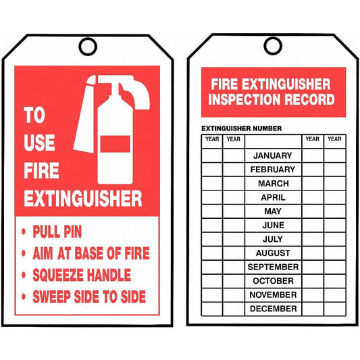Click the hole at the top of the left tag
[x=88, y=46]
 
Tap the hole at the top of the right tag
[x=272, y=46]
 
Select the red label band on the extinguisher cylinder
[x=115, y=144]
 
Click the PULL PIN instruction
[x=57, y=232]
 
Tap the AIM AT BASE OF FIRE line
[x=91, y=253]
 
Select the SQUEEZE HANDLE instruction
[x=82, y=275]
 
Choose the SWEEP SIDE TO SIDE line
[x=89, y=297]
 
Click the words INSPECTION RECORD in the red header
[x=272, y=99]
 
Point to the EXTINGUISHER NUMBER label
[x=241, y=128]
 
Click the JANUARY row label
[x=273, y=155]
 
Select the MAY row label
[x=273, y=211]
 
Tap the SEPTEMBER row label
[x=273, y=267]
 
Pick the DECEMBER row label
[x=273, y=309]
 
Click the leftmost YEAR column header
[x=211, y=139]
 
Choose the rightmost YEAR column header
[x=334, y=139]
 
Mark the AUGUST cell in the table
[x=273, y=253]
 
